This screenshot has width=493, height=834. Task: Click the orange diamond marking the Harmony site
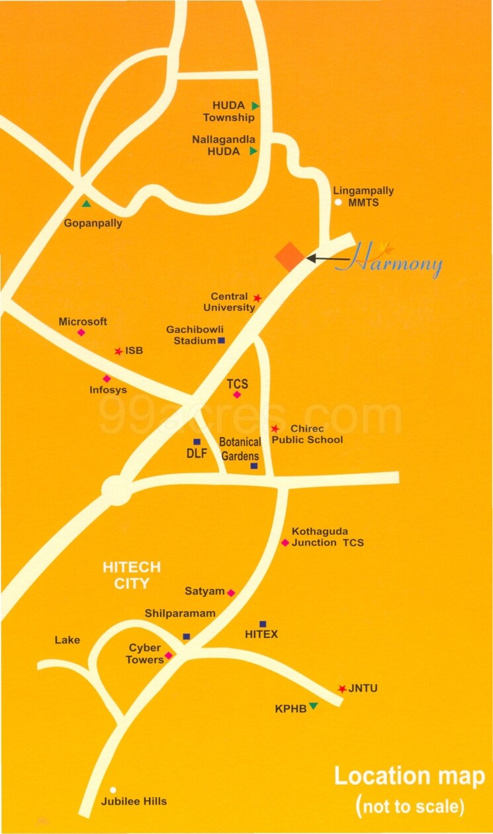click(290, 256)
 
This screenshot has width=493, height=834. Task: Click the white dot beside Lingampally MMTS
click(338, 203)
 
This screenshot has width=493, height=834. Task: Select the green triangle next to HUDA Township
click(255, 106)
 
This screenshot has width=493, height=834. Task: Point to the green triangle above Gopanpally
click(86, 203)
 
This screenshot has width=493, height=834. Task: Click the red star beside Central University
click(257, 299)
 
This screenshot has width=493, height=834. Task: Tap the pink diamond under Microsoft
click(81, 332)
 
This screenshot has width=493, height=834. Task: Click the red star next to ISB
click(118, 351)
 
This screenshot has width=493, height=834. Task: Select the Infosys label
click(108, 390)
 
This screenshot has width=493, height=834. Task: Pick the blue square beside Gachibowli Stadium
click(221, 341)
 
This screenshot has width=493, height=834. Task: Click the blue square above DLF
click(197, 441)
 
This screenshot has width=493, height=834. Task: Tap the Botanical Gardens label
click(240, 449)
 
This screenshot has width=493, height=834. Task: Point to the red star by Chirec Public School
click(275, 429)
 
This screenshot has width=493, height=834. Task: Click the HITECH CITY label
click(132, 575)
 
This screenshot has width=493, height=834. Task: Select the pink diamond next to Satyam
click(231, 592)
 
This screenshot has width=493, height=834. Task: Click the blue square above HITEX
click(263, 624)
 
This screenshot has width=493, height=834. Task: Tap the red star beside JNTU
click(341, 689)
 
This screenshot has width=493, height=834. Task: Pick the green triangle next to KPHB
click(313, 706)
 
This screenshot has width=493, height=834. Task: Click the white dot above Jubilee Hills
click(113, 790)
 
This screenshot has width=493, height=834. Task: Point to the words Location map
click(409, 776)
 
